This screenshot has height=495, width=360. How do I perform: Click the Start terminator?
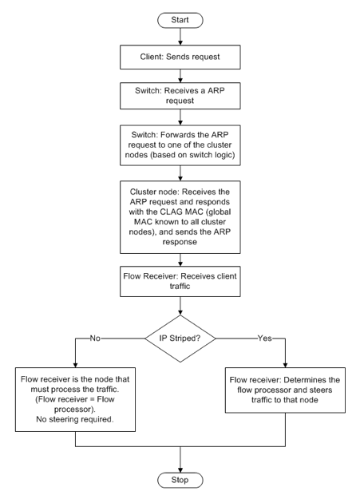click(180, 20)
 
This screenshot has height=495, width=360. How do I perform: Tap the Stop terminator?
click(180, 480)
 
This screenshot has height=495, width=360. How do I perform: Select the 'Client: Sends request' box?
click(180, 57)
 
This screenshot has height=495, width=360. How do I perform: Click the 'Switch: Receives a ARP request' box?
click(180, 96)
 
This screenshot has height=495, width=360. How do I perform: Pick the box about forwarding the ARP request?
click(180, 145)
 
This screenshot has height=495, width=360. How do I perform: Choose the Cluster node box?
click(180, 217)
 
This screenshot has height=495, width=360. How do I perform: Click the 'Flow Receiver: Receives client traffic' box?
click(180, 281)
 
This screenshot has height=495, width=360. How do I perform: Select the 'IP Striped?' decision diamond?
click(180, 339)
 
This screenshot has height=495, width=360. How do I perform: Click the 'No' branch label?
click(95, 339)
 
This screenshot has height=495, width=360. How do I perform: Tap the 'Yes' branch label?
click(264, 339)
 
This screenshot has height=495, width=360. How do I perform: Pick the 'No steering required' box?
click(75, 399)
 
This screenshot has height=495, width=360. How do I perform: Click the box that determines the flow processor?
click(285, 390)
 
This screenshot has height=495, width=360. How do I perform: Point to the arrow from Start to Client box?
click(180, 36)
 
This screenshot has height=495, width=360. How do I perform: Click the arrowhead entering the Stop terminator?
click(180, 469)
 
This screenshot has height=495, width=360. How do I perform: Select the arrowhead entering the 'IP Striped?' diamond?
click(180, 312)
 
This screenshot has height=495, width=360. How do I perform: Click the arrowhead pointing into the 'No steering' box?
click(75, 365)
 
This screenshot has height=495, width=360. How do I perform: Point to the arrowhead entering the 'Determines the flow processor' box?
click(285, 365)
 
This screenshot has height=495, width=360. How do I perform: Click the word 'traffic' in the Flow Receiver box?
click(180, 287)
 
